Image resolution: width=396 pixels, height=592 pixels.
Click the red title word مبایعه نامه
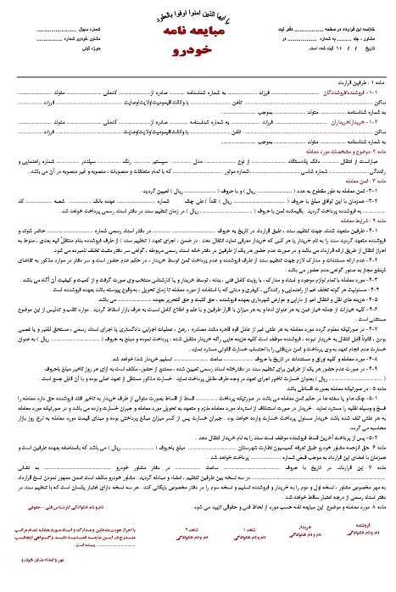198,31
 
